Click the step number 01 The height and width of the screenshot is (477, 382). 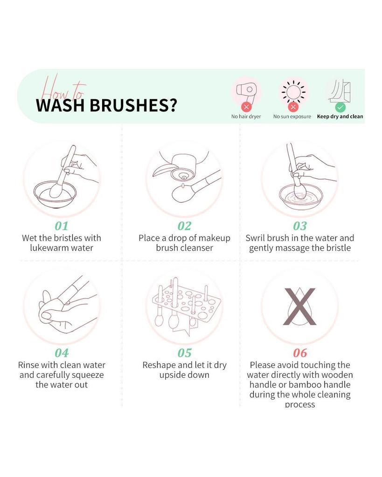[x=62, y=226]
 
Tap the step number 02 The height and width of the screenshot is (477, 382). [x=184, y=226]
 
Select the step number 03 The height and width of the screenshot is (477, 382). [x=300, y=226]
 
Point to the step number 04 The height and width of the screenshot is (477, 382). [x=62, y=353]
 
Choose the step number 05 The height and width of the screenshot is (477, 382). [x=184, y=353]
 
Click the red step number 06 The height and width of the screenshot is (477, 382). [x=300, y=353]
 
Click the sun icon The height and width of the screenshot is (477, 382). [x=293, y=91]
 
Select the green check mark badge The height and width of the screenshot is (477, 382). [x=340, y=107]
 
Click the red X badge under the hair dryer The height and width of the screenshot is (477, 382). [x=246, y=107]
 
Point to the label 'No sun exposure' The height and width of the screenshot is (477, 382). [x=292, y=116]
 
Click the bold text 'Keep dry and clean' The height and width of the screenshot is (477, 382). [x=340, y=116]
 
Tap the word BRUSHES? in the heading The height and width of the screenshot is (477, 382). [x=133, y=105]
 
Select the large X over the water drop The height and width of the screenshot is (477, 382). [x=300, y=307]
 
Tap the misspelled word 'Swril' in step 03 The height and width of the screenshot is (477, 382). [x=256, y=238]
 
